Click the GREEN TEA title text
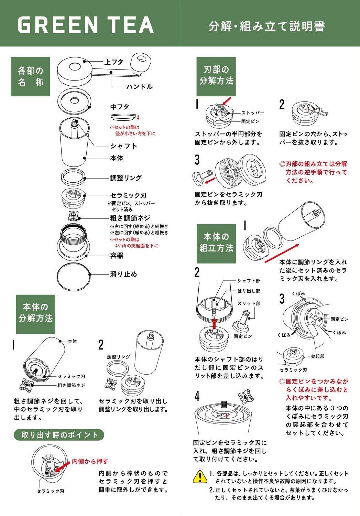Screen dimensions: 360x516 coord(86,25)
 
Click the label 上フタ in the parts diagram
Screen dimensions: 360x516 coord(114,62)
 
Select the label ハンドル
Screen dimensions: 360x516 coord(140,87)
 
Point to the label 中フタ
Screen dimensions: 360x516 coord(120,107)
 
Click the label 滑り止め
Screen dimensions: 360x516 coord(123,274)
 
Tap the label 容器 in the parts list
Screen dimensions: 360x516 coord(117,256)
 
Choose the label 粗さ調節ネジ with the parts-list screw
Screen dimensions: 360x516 coord(130,218)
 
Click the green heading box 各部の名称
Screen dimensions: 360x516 coord(30,76)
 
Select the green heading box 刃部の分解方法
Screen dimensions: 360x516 coord(216,76)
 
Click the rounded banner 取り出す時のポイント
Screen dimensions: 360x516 coord(59,435)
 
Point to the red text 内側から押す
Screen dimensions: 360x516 coord(90,461)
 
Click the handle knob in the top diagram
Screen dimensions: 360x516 coord(141,61)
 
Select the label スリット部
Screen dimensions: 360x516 coord(249,304)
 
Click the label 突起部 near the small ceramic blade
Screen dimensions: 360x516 coord(317,356)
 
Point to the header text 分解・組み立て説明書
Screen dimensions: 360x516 coord(267,26)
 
